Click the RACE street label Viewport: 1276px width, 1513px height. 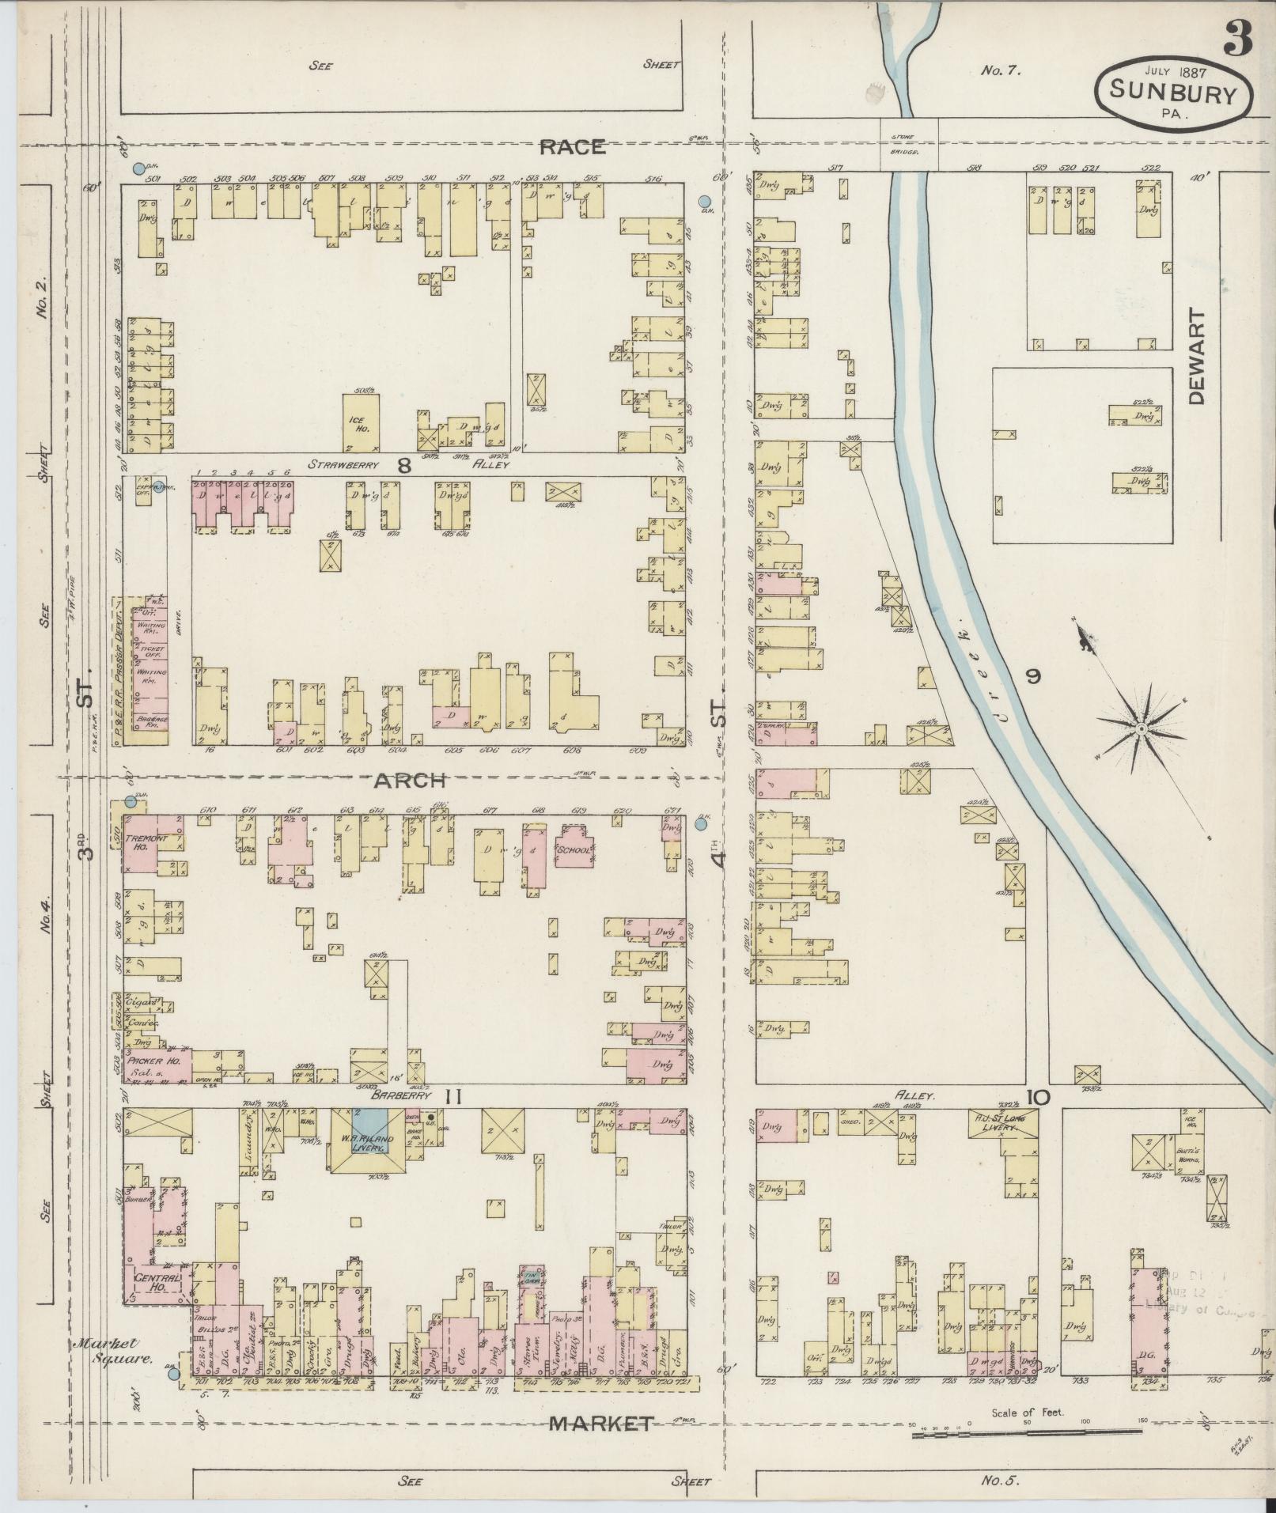pyautogui.click(x=574, y=146)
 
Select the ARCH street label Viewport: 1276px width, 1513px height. pyautogui.click(x=411, y=781)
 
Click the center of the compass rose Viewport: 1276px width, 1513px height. pyautogui.click(x=1142, y=727)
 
